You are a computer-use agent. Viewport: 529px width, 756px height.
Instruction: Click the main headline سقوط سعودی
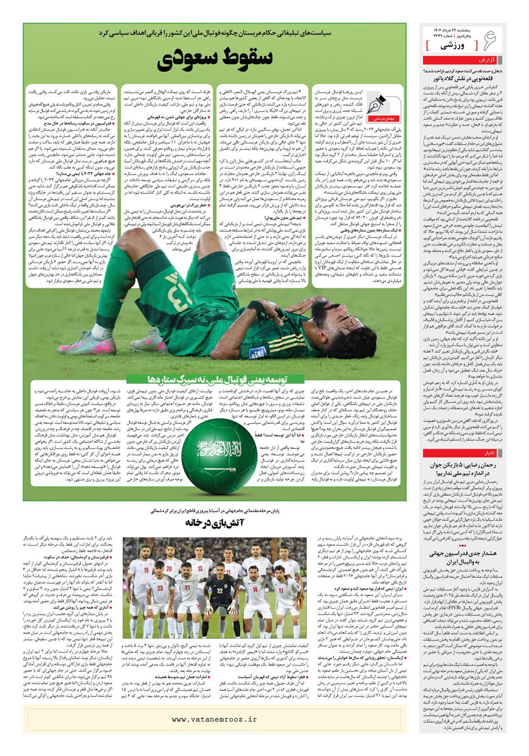coord(215,58)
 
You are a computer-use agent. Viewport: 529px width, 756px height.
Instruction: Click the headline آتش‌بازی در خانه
coord(216,522)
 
